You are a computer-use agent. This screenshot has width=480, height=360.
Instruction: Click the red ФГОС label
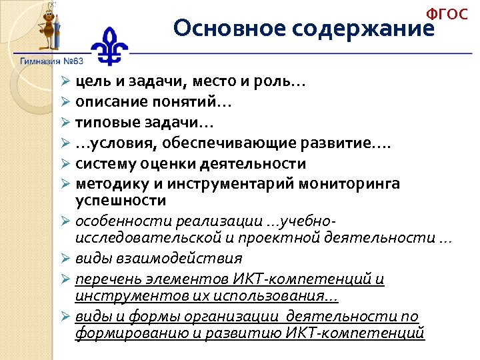[x=447, y=15]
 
